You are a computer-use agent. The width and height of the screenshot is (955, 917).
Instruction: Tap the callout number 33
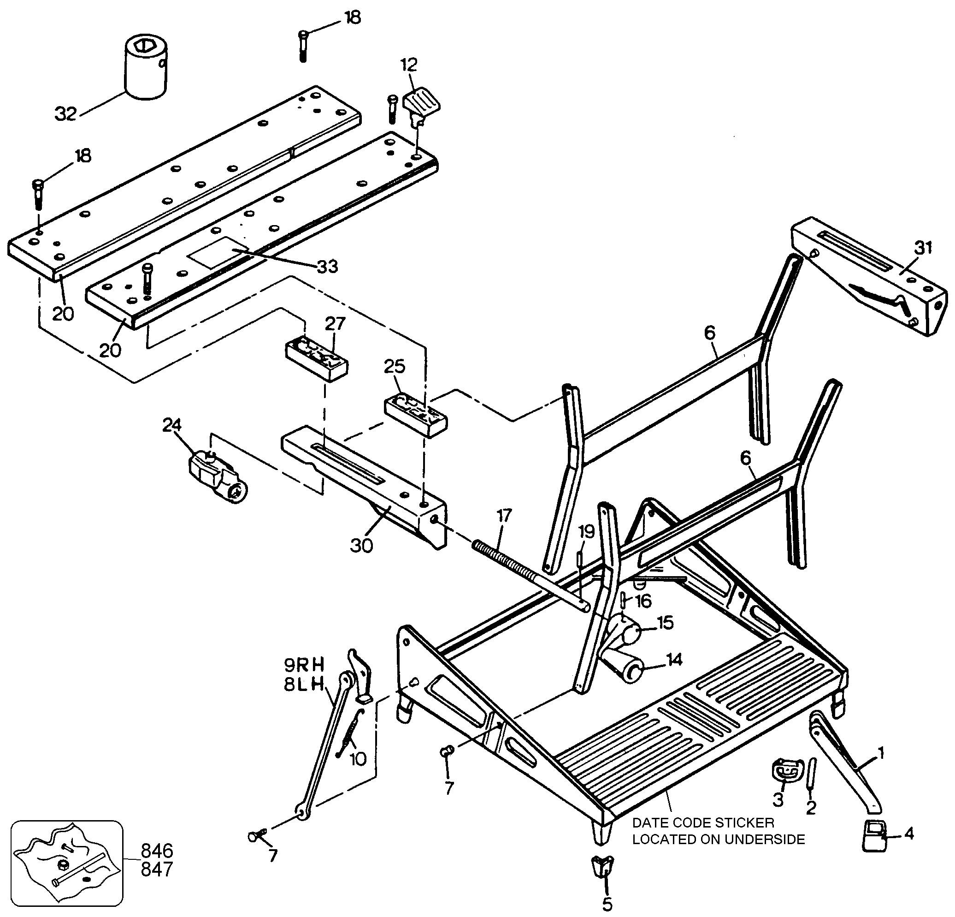point(327,267)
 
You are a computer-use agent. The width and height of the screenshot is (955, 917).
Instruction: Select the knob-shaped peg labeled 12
point(420,104)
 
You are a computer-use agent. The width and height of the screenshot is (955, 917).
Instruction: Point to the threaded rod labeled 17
point(531,575)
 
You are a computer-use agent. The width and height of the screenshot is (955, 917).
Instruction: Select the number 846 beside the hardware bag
point(157,850)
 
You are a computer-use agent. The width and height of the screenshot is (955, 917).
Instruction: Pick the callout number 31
point(923,248)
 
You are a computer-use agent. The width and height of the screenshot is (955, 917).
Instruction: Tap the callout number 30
point(361,546)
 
